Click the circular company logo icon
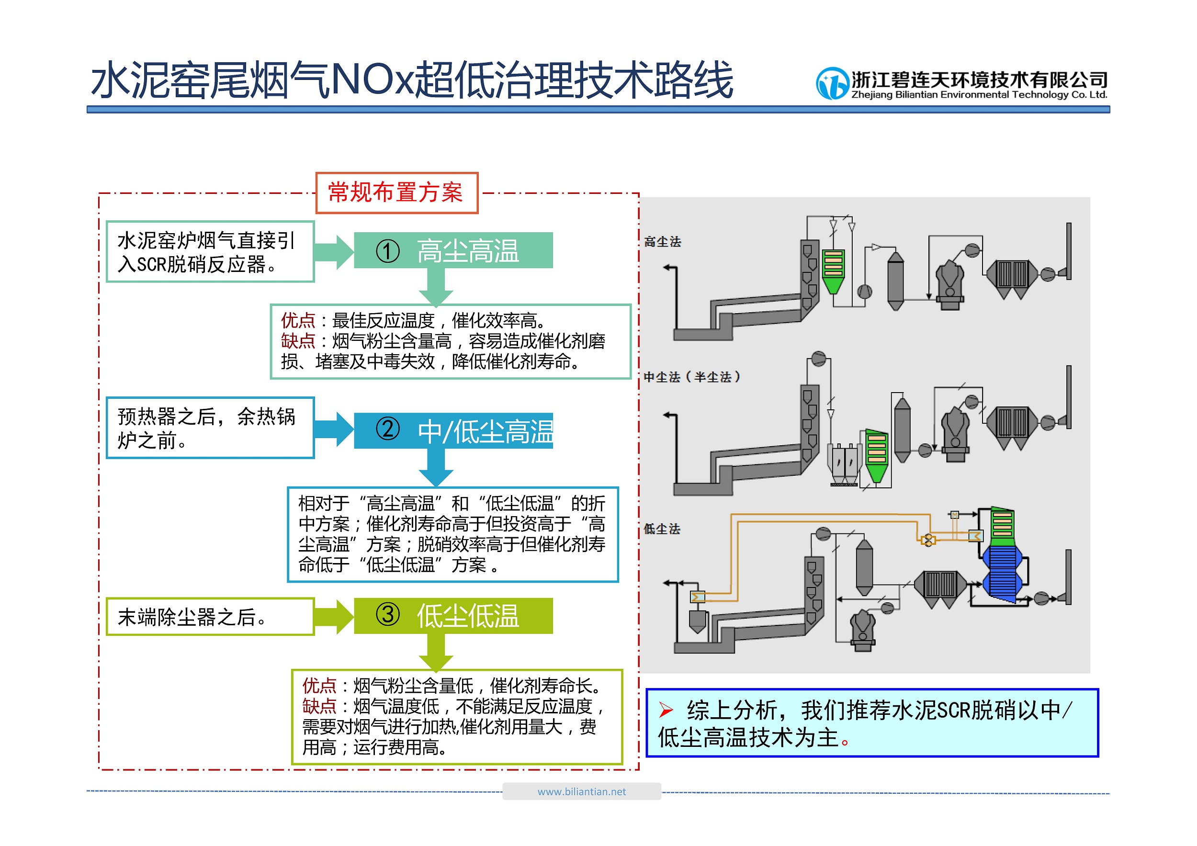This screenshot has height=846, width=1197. (x=832, y=83)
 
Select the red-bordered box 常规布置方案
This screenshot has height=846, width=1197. (x=397, y=193)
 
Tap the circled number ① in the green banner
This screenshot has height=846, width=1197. (x=388, y=251)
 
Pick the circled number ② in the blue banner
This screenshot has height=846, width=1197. (x=388, y=429)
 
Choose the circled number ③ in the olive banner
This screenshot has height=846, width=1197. (x=388, y=615)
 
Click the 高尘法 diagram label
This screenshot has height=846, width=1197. (x=663, y=242)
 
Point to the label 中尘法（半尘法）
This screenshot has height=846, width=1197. (x=692, y=377)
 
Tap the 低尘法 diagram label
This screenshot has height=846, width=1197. (x=662, y=529)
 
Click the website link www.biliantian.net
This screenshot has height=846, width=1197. (x=582, y=792)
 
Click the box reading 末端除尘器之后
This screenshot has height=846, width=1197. (x=210, y=617)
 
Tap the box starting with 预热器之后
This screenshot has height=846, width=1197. (x=210, y=428)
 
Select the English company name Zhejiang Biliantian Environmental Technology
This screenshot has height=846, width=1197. (x=979, y=95)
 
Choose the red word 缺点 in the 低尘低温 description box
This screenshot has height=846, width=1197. (x=319, y=706)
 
